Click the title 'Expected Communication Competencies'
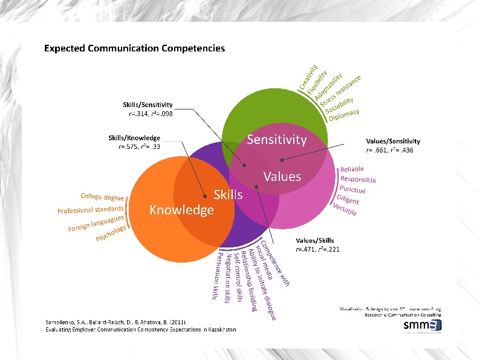click(134, 48)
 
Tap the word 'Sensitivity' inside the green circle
click(277, 140)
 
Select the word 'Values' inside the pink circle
click(282, 176)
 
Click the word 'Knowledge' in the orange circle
click(181, 210)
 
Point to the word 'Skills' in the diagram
click(229, 195)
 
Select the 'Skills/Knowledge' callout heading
click(134, 138)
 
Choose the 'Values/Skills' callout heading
click(315, 240)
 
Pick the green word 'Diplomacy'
click(344, 114)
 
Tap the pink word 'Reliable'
click(352, 169)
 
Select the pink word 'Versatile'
click(345, 209)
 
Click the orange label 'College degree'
click(103, 197)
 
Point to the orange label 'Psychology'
click(111, 234)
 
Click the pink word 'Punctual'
click(352, 189)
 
